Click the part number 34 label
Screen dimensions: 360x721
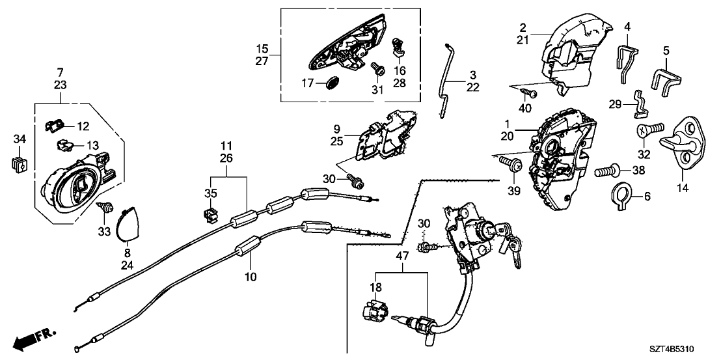20,139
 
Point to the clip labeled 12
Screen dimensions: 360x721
58,124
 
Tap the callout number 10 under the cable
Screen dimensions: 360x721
251,277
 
